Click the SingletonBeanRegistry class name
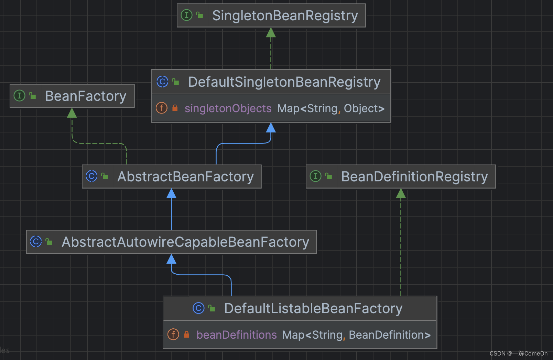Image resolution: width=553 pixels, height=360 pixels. pyautogui.click(x=285, y=16)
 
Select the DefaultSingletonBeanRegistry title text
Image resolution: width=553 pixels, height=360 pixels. pyautogui.click(x=284, y=82)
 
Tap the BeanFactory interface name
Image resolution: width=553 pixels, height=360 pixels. pyautogui.click(x=86, y=96)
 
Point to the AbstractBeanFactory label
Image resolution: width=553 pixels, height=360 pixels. pyautogui.click(x=185, y=177)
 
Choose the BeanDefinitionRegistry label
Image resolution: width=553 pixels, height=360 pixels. pyautogui.click(x=414, y=177)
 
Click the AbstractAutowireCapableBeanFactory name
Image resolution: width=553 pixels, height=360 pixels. pyautogui.click(x=185, y=242)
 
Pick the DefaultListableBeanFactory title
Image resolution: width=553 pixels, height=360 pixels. pyautogui.click(x=313, y=309)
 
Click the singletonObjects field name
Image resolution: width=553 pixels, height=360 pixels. pyautogui.click(x=228, y=109)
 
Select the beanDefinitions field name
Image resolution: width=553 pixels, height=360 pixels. pyautogui.click(x=236, y=335)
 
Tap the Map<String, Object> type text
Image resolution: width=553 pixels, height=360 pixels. pyautogui.click(x=331, y=109)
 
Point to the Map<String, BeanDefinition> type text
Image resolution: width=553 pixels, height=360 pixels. pyautogui.click(x=356, y=335)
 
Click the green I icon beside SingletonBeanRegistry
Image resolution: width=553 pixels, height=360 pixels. pyautogui.click(x=186, y=15)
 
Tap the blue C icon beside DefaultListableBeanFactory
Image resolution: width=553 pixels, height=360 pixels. pyautogui.click(x=198, y=308)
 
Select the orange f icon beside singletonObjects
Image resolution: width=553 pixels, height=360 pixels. pyautogui.click(x=162, y=108)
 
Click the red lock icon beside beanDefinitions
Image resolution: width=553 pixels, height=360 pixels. pyautogui.click(x=186, y=335)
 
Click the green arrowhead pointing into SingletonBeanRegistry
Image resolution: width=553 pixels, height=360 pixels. pyautogui.click(x=271, y=33)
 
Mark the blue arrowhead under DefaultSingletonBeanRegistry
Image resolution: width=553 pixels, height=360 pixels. pyautogui.click(x=271, y=128)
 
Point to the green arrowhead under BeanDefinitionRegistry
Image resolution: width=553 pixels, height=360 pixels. pyautogui.click(x=401, y=194)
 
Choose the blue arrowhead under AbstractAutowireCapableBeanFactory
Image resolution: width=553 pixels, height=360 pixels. pyautogui.click(x=171, y=259)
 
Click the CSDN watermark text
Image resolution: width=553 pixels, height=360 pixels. pyautogui.click(x=518, y=353)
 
